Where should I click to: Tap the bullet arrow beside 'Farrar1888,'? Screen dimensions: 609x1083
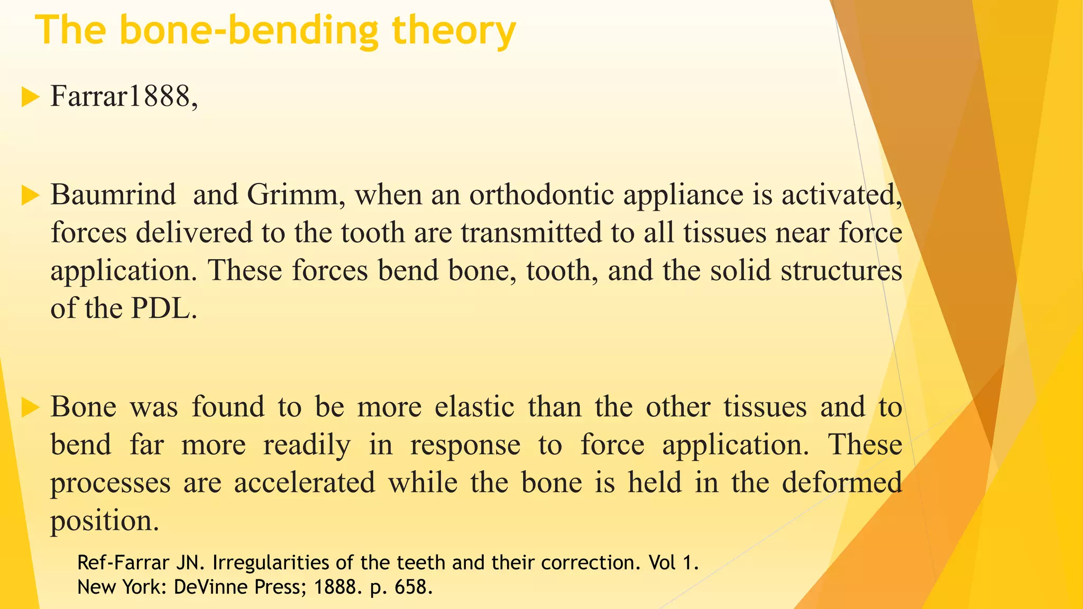tap(31, 98)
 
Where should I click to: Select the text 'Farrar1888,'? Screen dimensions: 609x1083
tap(124, 97)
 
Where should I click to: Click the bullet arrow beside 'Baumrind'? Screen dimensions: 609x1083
tap(31, 196)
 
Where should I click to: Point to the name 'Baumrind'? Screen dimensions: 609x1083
tap(113, 195)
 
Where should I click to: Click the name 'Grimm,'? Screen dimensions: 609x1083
tap(296, 195)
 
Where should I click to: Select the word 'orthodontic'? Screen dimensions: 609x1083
tap(541, 195)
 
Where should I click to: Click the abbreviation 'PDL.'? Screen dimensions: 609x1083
tap(164, 309)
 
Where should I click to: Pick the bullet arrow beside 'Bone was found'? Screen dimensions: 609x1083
tap(31, 408)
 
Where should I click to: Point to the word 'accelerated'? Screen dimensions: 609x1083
tap(305, 483)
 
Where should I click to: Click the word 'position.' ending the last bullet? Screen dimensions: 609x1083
tap(105, 521)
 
